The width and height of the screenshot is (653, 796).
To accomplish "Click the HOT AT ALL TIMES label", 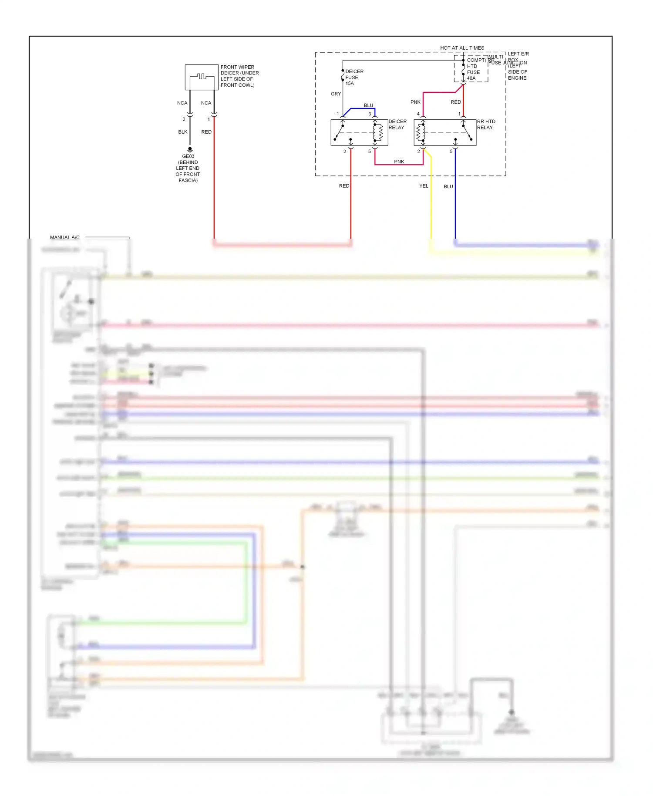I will pos(462,48).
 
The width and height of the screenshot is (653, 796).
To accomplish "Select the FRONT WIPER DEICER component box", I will pos(202,77).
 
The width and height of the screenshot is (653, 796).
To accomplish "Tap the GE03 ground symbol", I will pos(190,149).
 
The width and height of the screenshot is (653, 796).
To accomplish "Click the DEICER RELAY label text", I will pos(397,125).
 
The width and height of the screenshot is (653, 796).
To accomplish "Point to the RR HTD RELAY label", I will pos(486,125).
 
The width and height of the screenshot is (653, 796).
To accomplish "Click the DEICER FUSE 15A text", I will pos(353,78).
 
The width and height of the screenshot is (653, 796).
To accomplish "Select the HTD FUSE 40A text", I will pos(473,72).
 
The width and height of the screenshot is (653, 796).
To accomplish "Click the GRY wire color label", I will pos(336,94).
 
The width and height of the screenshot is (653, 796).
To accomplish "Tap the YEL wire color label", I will pos(424,186).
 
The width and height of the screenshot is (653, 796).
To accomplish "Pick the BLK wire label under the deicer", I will pos(183,132).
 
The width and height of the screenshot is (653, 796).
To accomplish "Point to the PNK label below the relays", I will pos(399,162).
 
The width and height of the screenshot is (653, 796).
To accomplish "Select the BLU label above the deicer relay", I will pos(368,105).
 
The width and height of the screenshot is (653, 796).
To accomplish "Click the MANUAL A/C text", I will pos(65,237).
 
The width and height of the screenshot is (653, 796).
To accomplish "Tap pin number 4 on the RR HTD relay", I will pos(418,114).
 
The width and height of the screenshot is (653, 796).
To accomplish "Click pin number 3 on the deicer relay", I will pos(370,114).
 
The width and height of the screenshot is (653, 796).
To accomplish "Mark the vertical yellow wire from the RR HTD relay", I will pos(431,200).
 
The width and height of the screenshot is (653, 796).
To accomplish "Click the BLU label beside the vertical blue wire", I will pos(448,186).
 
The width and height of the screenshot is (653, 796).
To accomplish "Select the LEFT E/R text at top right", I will pos(518,54).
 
